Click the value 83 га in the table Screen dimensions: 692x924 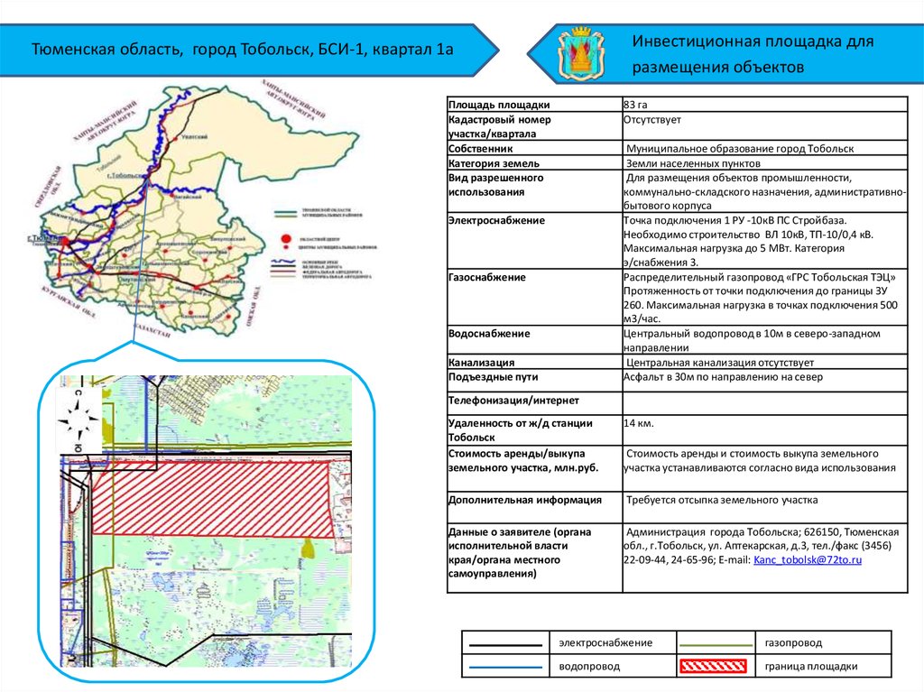click(x=636, y=105)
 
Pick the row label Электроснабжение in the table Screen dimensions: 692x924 click(x=496, y=220)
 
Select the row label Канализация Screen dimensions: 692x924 click(x=482, y=363)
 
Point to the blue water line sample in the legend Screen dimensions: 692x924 click(x=506, y=667)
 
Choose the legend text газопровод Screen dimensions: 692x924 click(x=794, y=642)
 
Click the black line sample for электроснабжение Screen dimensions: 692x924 click(x=506, y=642)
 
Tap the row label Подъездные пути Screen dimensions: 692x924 click(x=493, y=377)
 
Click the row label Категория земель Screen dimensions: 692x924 click(x=494, y=163)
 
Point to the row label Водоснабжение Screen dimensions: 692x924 click(x=489, y=334)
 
